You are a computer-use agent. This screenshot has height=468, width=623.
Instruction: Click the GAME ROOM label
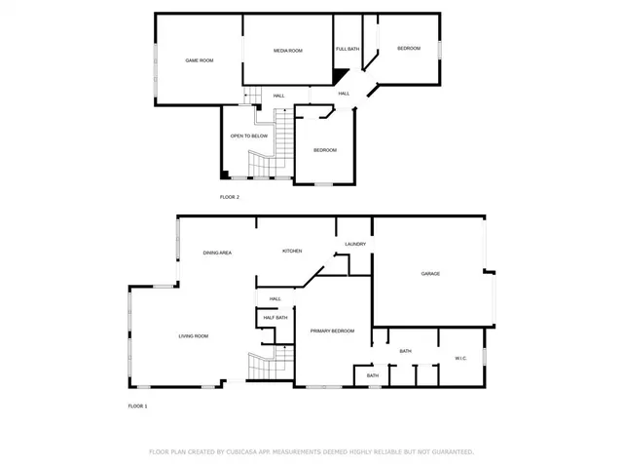coord(200,60)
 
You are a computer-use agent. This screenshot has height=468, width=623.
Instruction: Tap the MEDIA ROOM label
coord(288,50)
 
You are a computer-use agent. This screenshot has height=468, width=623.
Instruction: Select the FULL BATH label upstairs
coord(348,49)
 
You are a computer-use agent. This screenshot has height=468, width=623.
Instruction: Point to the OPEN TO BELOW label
coord(248,136)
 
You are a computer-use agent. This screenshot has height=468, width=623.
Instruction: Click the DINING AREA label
coord(217,253)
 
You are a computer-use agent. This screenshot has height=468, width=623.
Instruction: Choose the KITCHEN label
coord(292,251)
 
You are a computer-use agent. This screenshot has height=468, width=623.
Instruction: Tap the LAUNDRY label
coord(355,244)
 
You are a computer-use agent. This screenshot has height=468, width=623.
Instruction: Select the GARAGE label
coord(430,273)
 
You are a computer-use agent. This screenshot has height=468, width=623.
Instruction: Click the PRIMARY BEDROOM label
coord(332,331)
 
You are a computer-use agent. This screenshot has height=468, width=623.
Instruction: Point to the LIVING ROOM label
coord(193,336)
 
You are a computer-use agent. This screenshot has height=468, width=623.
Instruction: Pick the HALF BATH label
coord(275,317)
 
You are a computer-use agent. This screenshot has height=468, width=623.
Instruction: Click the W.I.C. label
coord(461,358)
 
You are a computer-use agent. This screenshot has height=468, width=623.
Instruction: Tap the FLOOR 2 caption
coord(229,197)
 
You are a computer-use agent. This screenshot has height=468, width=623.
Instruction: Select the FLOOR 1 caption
coord(137,406)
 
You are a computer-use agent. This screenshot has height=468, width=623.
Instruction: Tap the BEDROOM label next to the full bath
coord(409,48)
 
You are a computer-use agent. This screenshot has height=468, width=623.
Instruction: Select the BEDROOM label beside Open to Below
coord(325,149)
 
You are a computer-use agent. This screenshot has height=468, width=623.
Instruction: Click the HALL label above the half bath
coord(275,298)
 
